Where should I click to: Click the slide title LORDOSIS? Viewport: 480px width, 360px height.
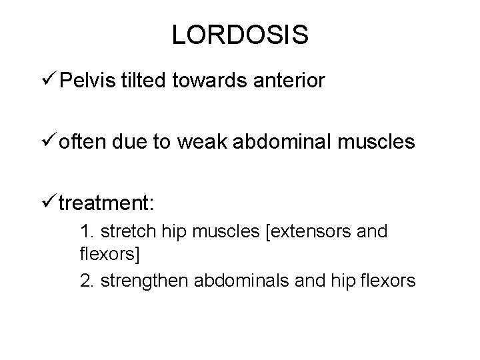click(x=240, y=35)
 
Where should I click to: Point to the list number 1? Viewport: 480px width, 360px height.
click(x=85, y=233)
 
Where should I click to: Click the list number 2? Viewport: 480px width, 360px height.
click(x=85, y=280)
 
